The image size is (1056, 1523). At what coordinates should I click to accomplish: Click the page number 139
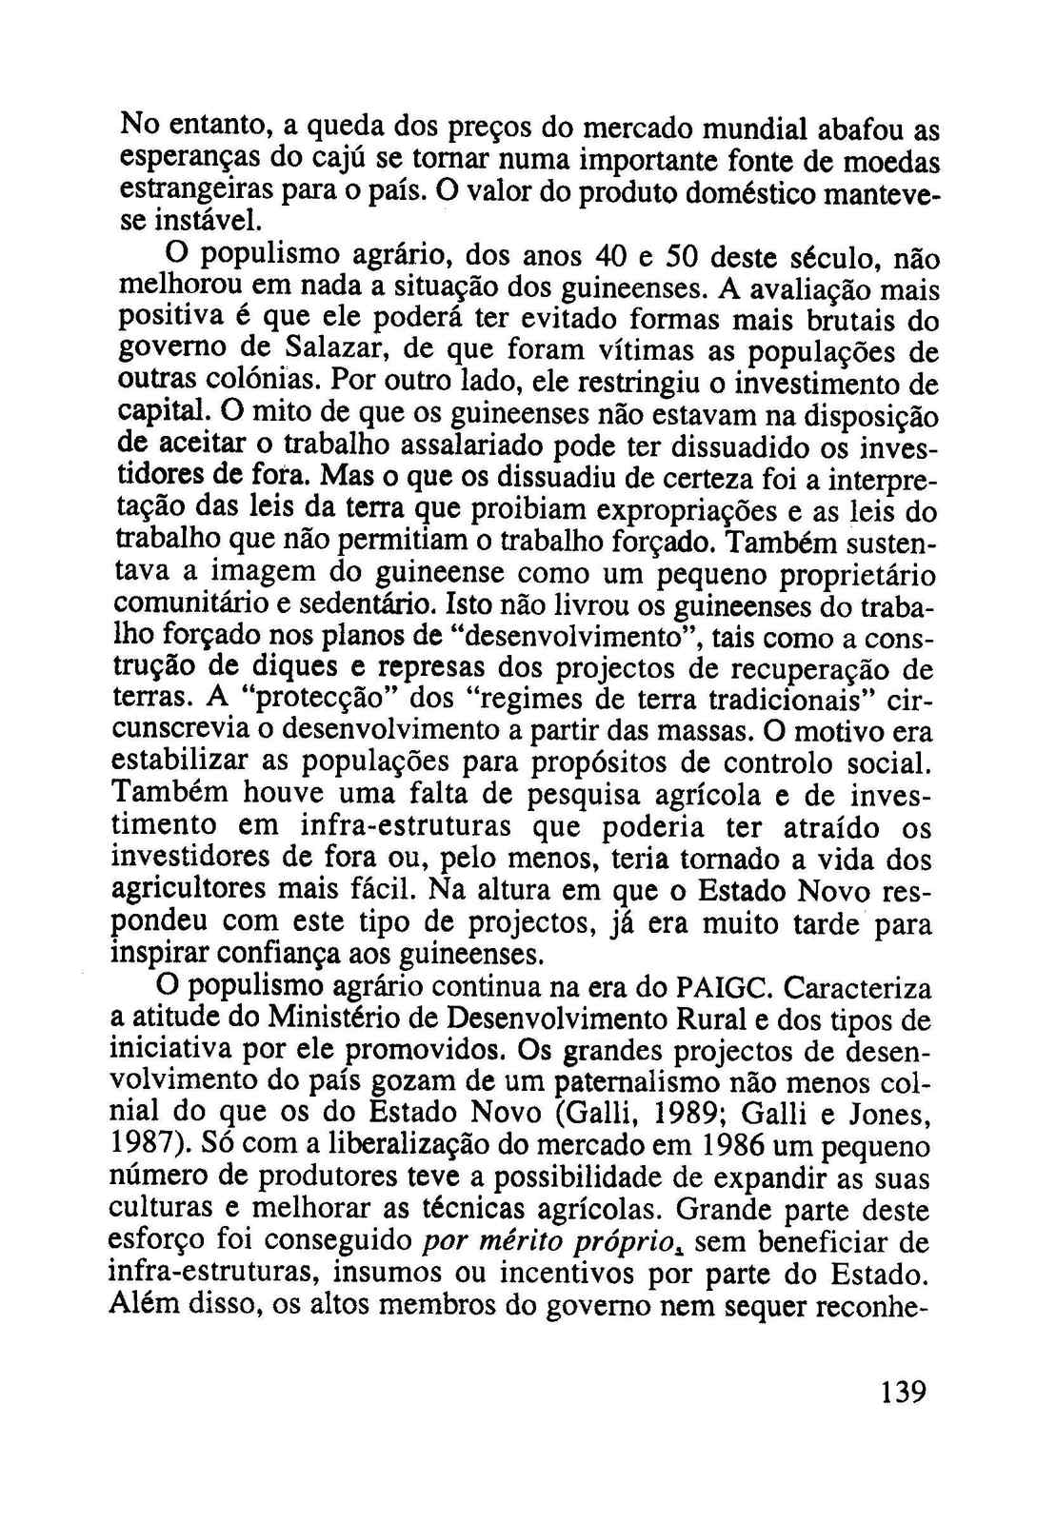click(902, 1393)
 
